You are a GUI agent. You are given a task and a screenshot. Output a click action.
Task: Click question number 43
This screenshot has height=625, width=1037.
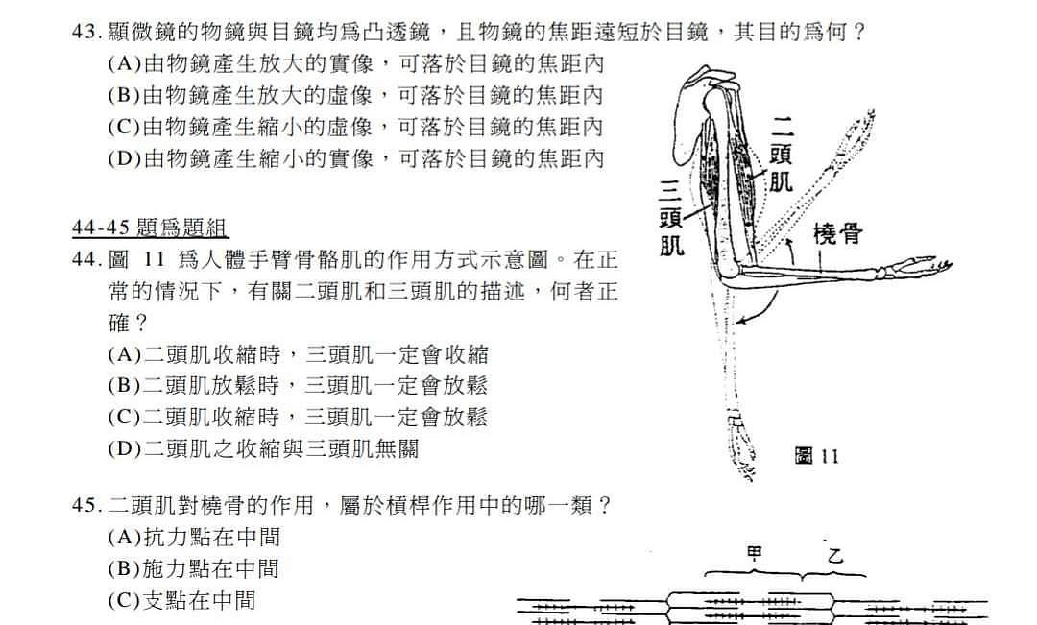tap(87, 32)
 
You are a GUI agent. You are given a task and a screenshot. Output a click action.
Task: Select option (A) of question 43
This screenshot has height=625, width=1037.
tap(356, 63)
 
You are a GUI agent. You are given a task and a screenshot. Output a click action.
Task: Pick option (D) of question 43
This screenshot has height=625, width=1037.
tap(356, 158)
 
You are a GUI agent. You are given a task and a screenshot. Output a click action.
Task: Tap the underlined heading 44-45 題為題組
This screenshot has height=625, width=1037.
tap(150, 228)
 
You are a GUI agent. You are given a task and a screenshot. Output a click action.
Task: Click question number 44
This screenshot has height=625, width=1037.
tap(87, 259)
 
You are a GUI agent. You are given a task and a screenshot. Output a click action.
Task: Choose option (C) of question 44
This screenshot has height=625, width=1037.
tap(298, 418)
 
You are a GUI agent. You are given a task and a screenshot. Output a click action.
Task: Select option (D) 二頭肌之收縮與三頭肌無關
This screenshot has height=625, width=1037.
tap(263, 449)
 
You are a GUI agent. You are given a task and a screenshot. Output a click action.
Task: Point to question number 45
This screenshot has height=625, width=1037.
tap(87, 506)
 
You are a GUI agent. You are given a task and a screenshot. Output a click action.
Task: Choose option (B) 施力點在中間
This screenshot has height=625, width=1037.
tap(193, 568)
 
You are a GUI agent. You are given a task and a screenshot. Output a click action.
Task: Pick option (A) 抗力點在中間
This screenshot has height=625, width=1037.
tap(194, 537)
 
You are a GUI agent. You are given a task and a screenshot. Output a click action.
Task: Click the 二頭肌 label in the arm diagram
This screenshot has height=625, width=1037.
tap(781, 155)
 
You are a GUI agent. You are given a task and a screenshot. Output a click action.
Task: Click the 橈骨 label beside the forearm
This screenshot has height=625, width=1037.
tap(837, 234)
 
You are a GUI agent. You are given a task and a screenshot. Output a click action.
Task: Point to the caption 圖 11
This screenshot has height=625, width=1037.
tap(817, 456)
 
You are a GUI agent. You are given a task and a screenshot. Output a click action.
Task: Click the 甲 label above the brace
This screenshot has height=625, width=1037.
tap(754, 553)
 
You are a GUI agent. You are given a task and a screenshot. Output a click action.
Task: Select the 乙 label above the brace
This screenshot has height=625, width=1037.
tap(835, 554)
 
